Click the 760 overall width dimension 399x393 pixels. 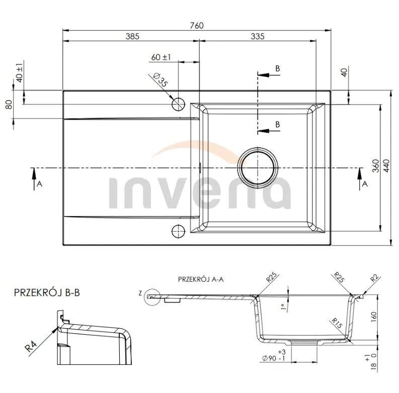[x=197, y=26]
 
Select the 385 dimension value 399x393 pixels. [x=132, y=36]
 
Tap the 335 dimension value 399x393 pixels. [x=258, y=36]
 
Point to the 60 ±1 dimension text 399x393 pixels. [x=161, y=57]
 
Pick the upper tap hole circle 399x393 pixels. [x=179, y=104]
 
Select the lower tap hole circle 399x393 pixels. [x=179, y=231]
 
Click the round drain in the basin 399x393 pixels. [x=258, y=168]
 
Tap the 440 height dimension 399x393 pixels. [x=386, y=165]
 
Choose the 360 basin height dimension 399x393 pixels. [x=376, y=165]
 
